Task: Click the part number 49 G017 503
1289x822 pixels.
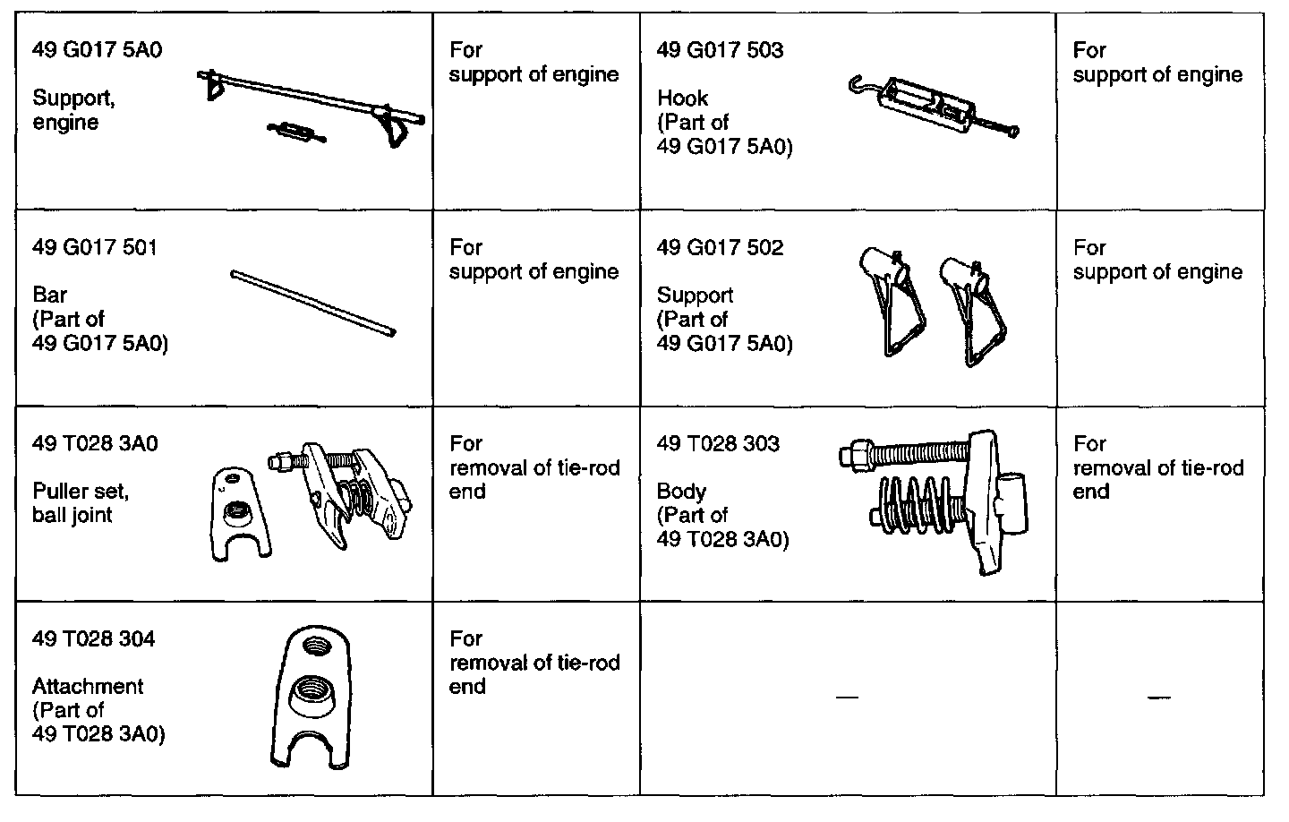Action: (x=720, y=50)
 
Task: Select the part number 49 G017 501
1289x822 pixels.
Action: (x=95, y=247)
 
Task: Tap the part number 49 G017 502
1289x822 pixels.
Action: (x=720, y=247)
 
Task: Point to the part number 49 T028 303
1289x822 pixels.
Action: (x=718, y=443)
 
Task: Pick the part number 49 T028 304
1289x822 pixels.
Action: (x=93, y=638)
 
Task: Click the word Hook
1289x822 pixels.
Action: (x=682, y=98)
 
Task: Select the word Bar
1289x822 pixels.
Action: (x=49, y=295)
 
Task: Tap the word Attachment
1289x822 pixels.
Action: (x=88, y=687)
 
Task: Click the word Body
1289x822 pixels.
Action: (x=681, y=492)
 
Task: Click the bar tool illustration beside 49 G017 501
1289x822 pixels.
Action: (x=312, y=304)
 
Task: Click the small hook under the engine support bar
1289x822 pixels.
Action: (x=295, y=133)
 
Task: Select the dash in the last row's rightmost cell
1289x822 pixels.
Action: (x=1158, y=697)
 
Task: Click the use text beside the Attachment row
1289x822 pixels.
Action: (x=534, y=663)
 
